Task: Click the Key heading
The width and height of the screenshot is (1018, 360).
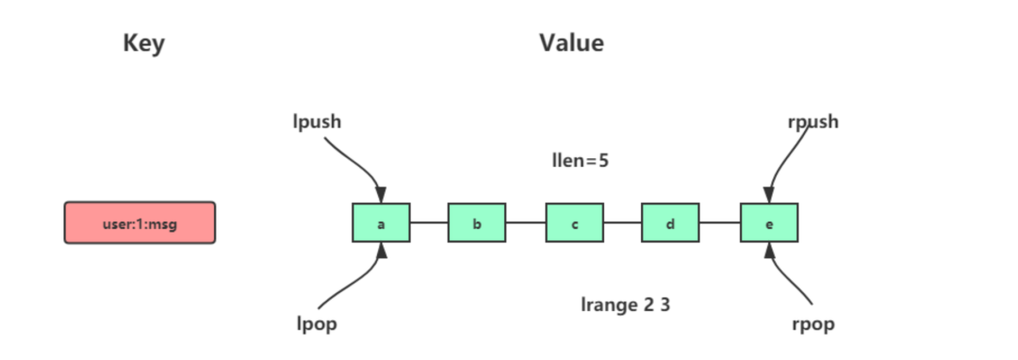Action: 143,43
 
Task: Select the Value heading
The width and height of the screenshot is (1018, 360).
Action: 571,43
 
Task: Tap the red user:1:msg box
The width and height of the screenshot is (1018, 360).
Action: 140,222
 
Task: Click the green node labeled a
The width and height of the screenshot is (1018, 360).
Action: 381,223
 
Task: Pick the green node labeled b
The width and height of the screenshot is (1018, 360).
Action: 477,223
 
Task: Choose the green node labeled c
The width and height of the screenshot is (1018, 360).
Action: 574,223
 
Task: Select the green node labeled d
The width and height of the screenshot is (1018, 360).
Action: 670,223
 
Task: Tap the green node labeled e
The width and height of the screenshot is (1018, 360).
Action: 769,223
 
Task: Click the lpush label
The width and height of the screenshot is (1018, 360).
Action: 317,122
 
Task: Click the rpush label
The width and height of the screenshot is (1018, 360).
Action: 812,122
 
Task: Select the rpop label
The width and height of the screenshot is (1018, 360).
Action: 813,324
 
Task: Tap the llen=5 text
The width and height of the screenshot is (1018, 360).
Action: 580,160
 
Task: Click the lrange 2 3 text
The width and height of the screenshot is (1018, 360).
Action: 625,304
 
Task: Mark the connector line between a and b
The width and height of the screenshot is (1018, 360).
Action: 429,223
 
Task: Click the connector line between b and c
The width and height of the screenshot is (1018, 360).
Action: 526,223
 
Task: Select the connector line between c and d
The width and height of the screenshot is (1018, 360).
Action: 622,223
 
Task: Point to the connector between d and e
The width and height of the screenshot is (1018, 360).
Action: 720,223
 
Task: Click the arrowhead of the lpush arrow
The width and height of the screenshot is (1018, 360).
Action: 381,195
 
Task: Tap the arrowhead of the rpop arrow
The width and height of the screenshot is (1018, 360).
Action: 770,251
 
